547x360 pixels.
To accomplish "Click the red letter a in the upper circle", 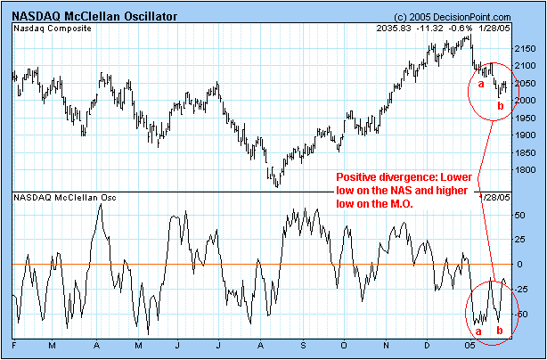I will [481, 84].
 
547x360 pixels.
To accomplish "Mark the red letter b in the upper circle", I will [500, 106].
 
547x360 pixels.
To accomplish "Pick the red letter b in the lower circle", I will [498, 331].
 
